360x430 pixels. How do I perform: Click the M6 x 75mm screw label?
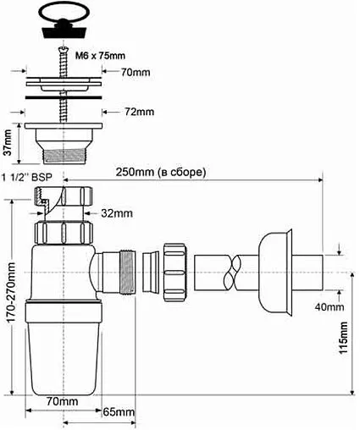coord(100,56)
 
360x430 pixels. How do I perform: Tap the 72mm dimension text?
coord(140,112)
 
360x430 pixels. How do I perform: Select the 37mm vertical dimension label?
coord(8,142)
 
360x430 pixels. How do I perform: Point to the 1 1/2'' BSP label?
coord(27,177)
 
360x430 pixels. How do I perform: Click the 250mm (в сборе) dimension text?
coord(161,172)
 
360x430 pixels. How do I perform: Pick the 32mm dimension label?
coord(117,213)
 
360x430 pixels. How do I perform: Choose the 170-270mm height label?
coord(11,293)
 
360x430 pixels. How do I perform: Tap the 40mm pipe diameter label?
coord(330,306)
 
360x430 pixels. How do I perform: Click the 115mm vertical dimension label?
coord(343,338)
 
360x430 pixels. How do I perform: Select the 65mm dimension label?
coord(119,412)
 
